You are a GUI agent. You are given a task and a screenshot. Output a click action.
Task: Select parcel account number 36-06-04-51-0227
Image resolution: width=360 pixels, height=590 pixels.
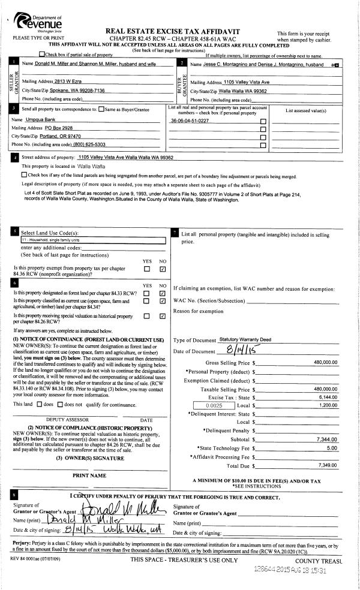coord(190,121)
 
